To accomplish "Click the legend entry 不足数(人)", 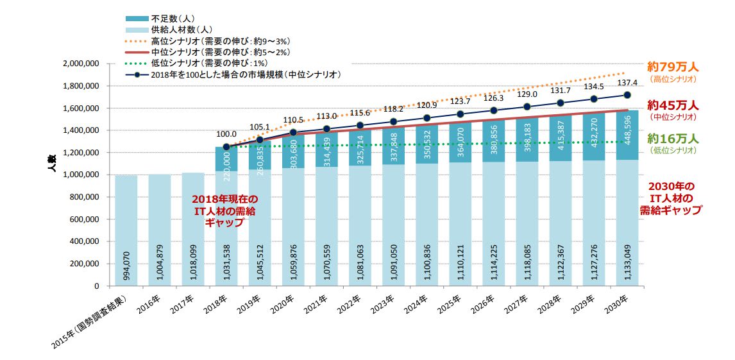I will click(170, 17).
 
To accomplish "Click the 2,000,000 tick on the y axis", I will click(80, 64).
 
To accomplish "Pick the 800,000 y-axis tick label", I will click(83, 197).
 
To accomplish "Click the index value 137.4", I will click(626, 83).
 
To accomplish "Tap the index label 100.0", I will click(226, 135).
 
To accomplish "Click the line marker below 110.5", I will click(293, 132).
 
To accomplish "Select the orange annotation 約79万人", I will click(672, 67).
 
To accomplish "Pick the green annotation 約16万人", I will click(672, 139).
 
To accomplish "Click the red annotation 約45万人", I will click(672, 105).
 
